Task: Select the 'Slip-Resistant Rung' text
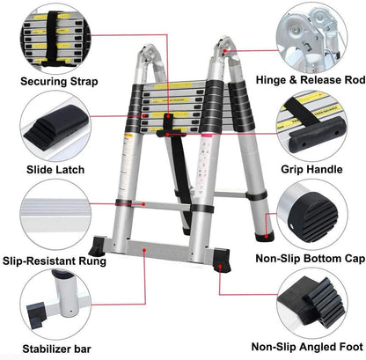point(54,261)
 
